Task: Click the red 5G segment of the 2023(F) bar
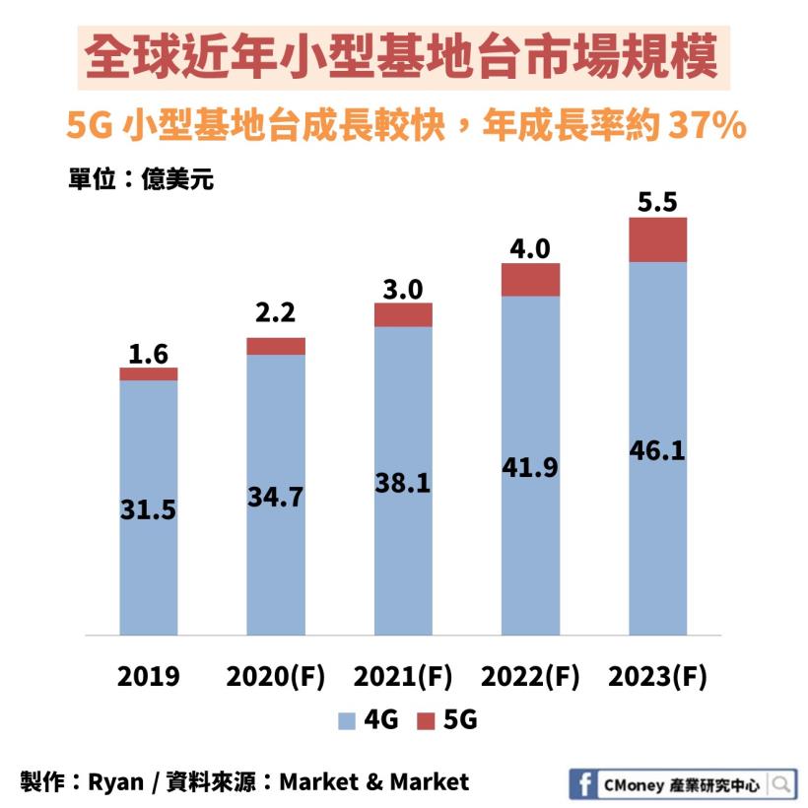click(657, 239)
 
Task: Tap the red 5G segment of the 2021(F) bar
click(403, 314)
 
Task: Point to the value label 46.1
click(657, 452)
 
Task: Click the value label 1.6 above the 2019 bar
click(149, 353)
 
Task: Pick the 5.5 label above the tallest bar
click(657, 203)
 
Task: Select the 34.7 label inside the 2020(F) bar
click(276, 497)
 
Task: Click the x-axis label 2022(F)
click(530, 677)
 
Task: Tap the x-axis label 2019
click(149, 677)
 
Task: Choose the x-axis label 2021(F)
click(403, 677)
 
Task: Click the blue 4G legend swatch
click(346, 721)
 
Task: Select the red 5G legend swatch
click(426, 721)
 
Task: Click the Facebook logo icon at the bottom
click(584, 784)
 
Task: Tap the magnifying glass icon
click(780, 784)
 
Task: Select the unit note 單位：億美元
click(141, 180)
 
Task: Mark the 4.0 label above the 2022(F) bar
click(530, 248)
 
